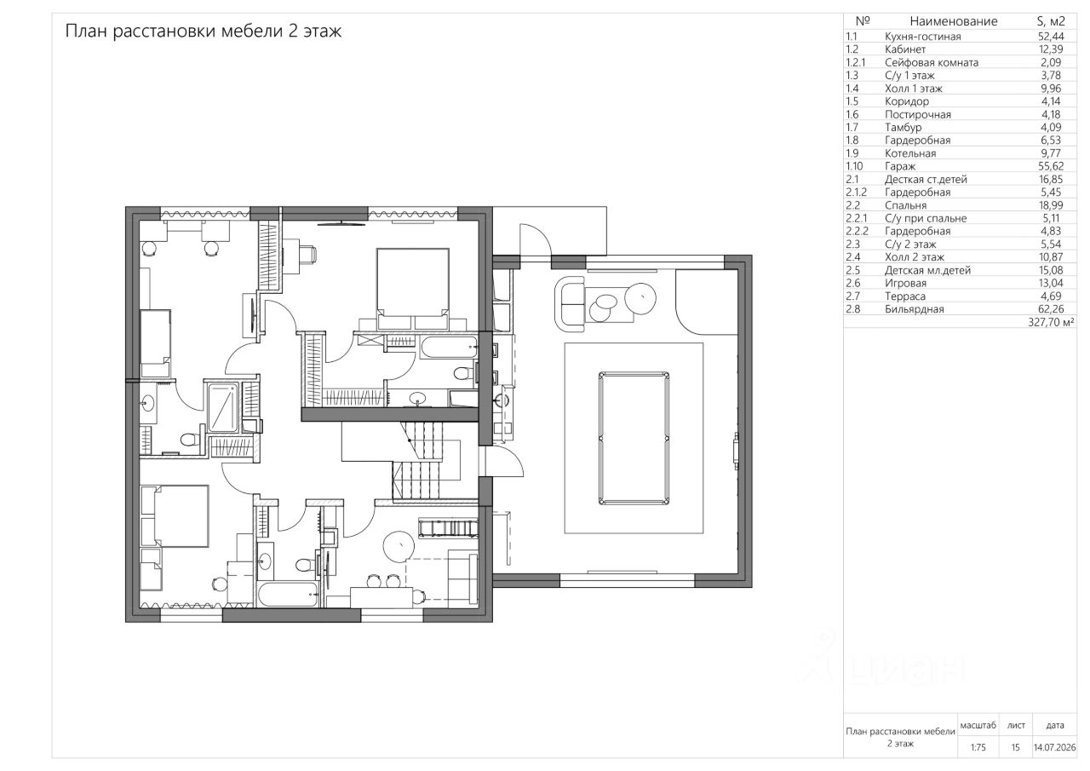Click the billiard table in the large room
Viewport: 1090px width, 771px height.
633,439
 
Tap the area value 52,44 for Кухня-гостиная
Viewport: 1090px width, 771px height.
1051,37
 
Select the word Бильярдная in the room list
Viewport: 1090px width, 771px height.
915,309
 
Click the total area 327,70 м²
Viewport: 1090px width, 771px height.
1051,322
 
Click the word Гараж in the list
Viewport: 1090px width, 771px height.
900,166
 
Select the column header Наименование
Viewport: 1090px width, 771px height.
953,21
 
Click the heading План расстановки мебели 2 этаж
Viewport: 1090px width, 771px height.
204,32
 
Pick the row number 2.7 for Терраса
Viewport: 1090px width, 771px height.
852,296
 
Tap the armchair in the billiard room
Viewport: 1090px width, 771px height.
570,305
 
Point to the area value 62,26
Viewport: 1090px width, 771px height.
1051,309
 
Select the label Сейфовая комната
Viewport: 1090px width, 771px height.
932,62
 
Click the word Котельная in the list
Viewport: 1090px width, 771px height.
910,153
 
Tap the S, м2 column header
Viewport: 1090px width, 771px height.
1051,21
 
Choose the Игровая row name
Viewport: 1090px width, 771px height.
905,284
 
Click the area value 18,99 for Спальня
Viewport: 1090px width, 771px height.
1051,205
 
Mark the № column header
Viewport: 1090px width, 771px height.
863,21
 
